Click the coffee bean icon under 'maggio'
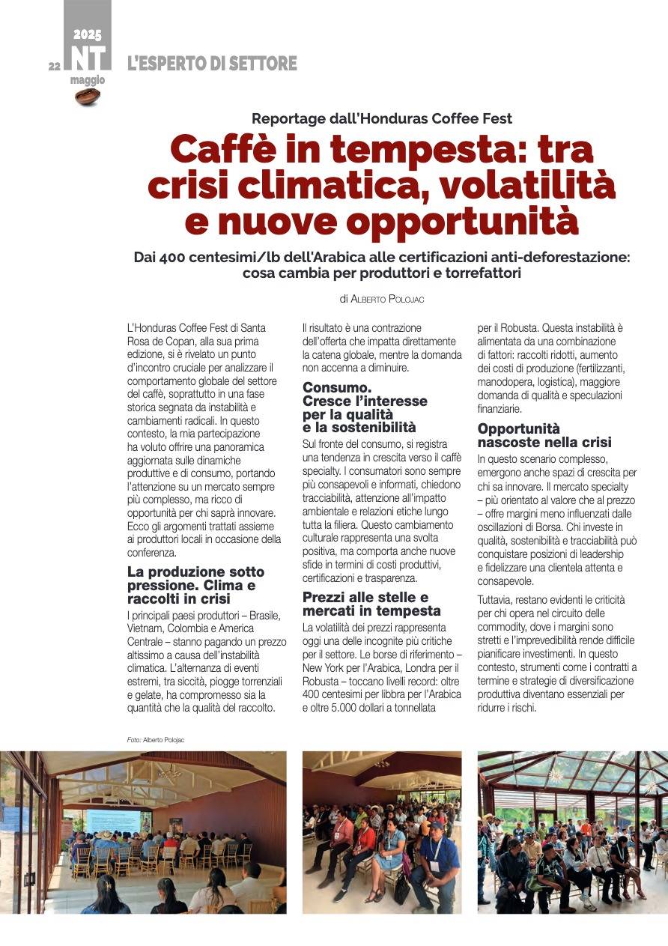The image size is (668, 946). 88,96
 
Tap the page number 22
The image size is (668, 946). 54,66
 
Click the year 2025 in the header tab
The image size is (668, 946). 88,34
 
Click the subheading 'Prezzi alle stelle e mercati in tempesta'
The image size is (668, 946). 371,604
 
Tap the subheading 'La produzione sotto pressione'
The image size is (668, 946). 195,578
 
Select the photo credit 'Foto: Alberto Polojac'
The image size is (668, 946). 156,740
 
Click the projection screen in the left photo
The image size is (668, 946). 112,820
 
